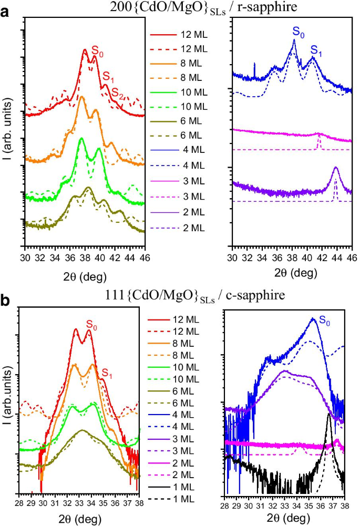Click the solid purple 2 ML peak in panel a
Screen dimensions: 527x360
[x=336, y=168]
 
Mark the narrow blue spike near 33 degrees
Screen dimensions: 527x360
[x=254, y=64]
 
